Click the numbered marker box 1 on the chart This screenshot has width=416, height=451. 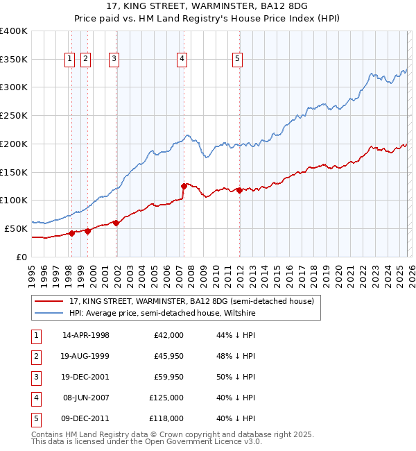(x=71, y=60)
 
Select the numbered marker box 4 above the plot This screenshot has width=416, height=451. (x=182, y=60)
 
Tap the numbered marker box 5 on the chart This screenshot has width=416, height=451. (x=237, y=60)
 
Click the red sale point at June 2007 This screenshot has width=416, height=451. (x=184, y=186)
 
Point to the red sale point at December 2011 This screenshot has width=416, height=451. (x=239, y=189)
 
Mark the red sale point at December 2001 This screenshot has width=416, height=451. (x=116, y=223)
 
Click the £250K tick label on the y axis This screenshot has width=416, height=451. (x=13, y=116)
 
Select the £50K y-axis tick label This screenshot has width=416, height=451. (x=16, y=228)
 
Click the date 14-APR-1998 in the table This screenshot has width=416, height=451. (x=86, y=335)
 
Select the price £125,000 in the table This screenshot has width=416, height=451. (x=166, y=398)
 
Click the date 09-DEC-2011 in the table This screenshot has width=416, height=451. (x=86, y=418)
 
